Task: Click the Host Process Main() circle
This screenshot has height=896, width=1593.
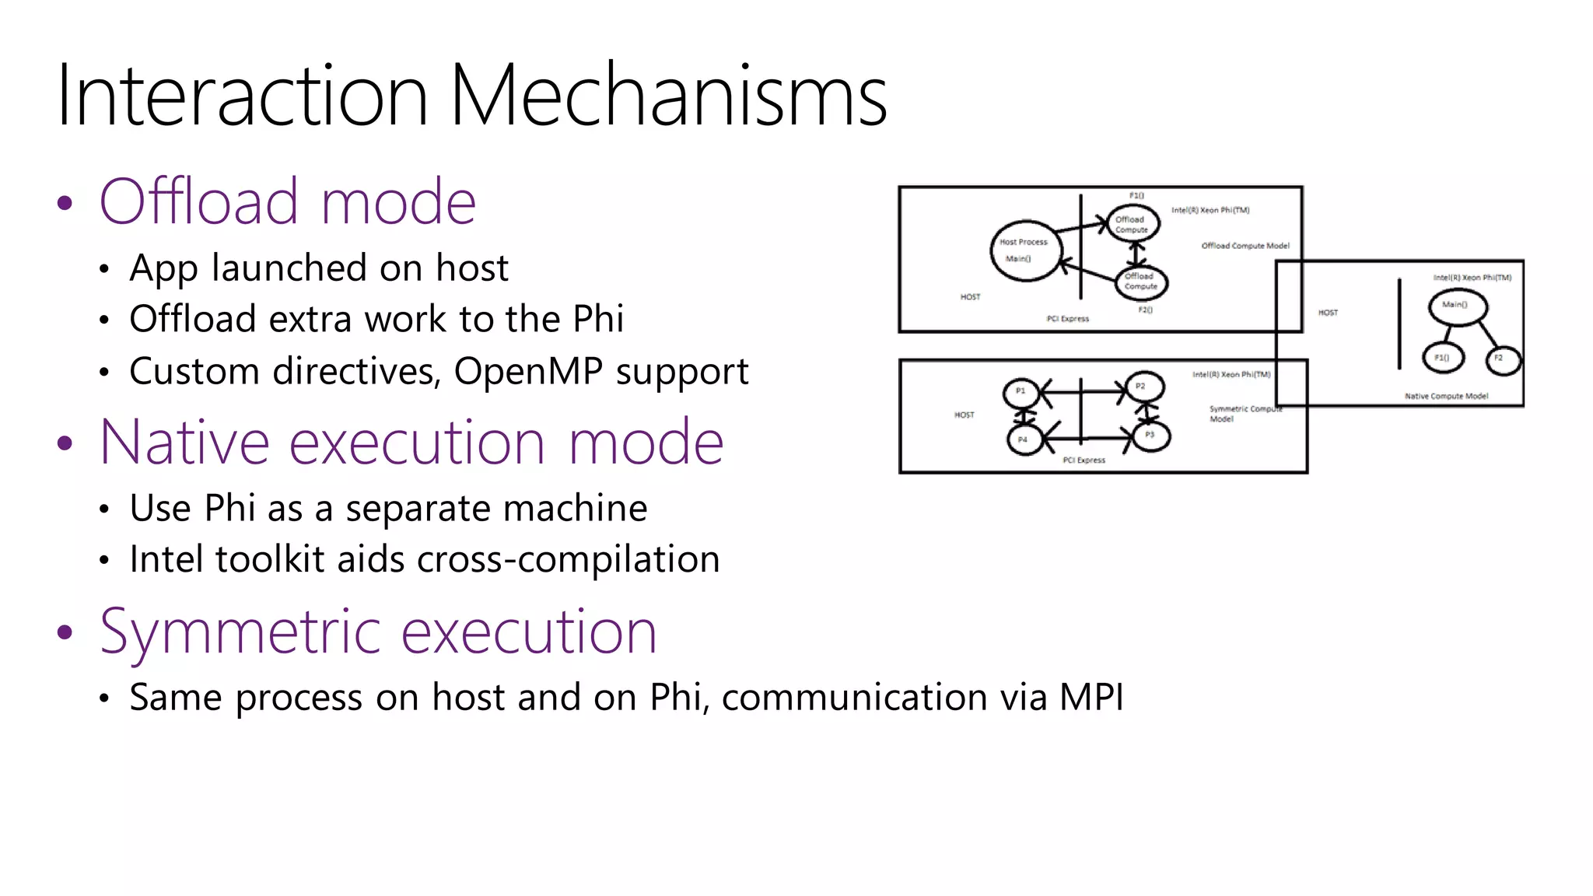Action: [x=1025, y=250]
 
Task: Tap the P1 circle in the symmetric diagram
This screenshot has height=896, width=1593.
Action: [x=1021, y=392]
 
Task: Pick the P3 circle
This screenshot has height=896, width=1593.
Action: [x=1150, y=436]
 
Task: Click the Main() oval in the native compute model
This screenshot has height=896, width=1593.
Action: [x=1457, y=306]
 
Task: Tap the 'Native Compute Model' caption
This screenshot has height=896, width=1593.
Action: [x=1446, y=397]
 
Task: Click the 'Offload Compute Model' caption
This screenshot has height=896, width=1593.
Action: [x=1245, y=246]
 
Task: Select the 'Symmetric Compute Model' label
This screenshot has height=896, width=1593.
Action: [x=1244, y=414]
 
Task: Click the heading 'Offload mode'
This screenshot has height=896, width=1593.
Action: [x=287, y=202]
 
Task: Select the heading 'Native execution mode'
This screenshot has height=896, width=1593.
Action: [x=411, y=443]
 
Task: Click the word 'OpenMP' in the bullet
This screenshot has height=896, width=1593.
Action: [x=528, y=372]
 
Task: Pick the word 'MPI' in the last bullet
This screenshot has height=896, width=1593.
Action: [x=1091, y=697]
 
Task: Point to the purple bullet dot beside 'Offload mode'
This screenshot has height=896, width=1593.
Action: [x=65, y=204]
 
